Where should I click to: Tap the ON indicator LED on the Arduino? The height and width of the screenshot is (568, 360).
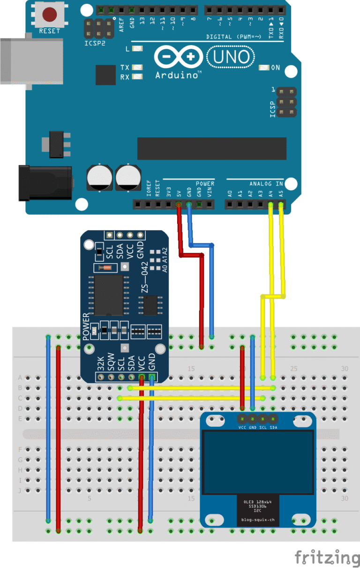click(264, 68)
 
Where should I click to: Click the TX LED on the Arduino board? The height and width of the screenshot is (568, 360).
click(137, 68)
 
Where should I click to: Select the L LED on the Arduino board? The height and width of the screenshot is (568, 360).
click(137, 49)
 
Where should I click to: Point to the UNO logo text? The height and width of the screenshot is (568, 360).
click(231, 57)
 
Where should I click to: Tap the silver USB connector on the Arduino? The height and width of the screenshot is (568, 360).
click(31, 61)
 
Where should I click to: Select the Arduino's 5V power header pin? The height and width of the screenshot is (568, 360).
click(179, 204)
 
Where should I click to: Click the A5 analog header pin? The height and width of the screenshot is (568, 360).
click(281, 204)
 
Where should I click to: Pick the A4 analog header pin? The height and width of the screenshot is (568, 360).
click(270, 204)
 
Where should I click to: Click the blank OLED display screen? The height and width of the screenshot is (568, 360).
click(258, 462)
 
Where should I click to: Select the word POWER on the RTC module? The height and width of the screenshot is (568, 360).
click(86, 326)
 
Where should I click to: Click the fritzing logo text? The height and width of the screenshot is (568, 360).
click(327, 558)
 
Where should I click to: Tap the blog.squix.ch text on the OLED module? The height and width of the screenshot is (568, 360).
click(257, 520)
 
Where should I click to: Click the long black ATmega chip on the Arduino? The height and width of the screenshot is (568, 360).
click(211, 149)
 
